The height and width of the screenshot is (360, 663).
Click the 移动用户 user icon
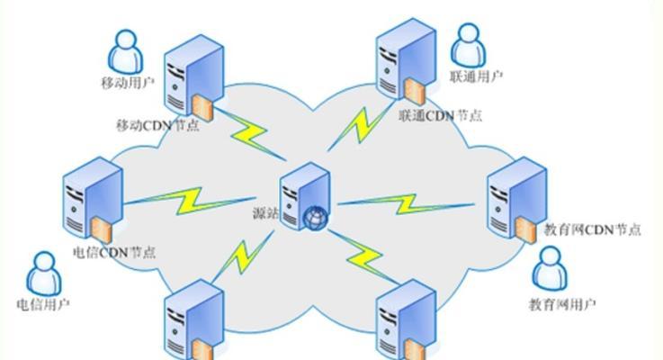[x=126, y=51]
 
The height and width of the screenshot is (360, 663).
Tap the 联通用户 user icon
[x=468, y=45]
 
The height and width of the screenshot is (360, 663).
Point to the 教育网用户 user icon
[x=550, y=268]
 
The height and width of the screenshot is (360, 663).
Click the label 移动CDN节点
[x=157, y=125]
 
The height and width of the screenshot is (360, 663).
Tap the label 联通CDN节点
[x=440, y=115]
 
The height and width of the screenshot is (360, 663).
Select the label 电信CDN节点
[x=114, y=253]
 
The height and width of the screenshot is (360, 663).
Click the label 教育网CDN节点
[x=592, y=229]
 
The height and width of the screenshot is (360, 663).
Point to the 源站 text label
[x=266, y=212]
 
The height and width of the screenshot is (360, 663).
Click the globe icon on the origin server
[x=315, y=218]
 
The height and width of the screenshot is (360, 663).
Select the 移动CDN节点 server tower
[x=193, y=76]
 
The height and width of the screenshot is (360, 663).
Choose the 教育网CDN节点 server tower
[x=516, y=199]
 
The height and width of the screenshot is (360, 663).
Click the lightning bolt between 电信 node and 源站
[x=190, y=201]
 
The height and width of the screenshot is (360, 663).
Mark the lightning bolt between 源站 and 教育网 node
[x=406, y=204]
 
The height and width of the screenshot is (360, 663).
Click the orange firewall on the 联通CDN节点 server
[x=414, y=92]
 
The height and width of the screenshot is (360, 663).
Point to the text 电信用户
[x=42, y=304]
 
